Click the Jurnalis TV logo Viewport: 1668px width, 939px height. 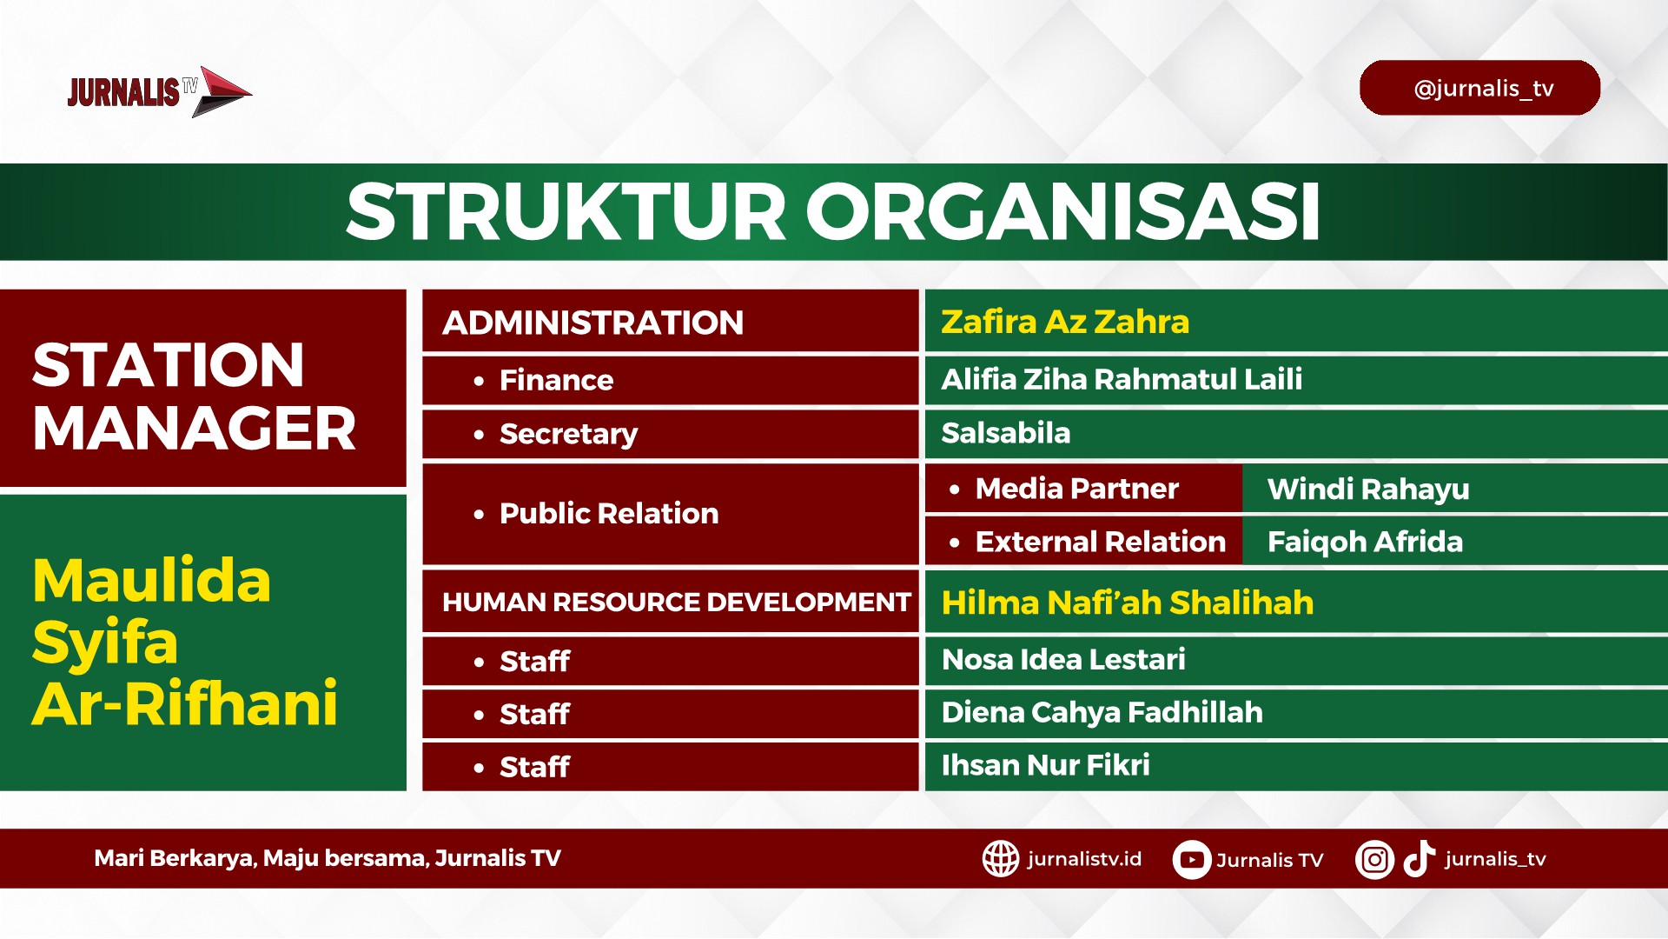[x=160, y=91]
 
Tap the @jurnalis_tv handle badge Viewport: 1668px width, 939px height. [x=1479, y=88]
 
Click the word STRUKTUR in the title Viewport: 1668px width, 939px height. [x=566, y=211]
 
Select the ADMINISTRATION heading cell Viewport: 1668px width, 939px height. [x=670, y=322]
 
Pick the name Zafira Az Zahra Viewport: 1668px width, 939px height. [x=1064, y=322]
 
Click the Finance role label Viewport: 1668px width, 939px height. [x=556, y=380]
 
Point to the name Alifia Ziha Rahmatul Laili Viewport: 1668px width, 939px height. [x=1122, y=379]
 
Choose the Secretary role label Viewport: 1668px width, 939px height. [x=568, y=434]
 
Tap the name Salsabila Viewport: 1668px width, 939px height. [x=1005, y=433]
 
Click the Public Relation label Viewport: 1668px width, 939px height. [x=609, y=513]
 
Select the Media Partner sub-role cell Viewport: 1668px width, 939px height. [x=1083, y=489]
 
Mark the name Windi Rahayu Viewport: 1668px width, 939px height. [x=1368, y=489]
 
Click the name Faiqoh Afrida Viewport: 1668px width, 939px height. [x=1365, y=542]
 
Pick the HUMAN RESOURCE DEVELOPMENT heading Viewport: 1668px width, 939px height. [x=676, y=602]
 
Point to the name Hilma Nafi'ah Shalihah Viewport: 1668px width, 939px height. [x=1127, y=603]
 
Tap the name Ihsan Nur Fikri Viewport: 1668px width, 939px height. [x=1045, y=765]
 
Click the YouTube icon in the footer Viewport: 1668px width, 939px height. [x=1191, y=860]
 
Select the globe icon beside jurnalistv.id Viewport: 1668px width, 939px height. [x=1001, y=859]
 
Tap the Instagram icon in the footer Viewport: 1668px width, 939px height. [x=1374, y=860]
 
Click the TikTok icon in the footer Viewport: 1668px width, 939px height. [x=1419, y=858]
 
